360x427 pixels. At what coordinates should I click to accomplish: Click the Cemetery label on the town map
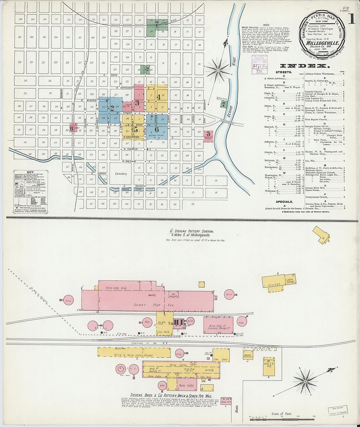click(120, 174)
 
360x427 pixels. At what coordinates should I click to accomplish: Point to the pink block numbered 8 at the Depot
click(71, 128)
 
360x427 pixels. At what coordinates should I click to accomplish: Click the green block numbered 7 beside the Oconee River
click(224, 104)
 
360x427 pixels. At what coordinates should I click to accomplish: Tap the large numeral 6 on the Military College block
click(157, 129)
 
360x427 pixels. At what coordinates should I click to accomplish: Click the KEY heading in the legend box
click(30, 172)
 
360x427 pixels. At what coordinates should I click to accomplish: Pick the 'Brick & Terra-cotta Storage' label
click(134, 355)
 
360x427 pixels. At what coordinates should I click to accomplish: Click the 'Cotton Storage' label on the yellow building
click(290, 281)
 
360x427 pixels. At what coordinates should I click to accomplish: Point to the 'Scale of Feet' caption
click(281, 414)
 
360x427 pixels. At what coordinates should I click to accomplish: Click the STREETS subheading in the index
click(284, 72)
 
